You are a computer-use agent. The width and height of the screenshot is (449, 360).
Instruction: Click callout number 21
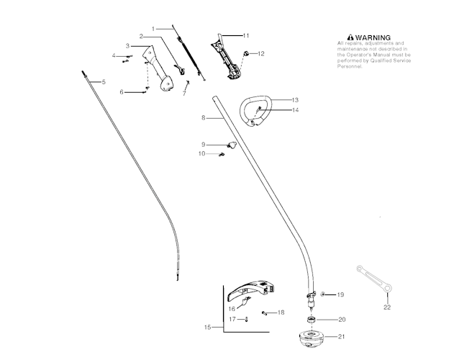point(341,337)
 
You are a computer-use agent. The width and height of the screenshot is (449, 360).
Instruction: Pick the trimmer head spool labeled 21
point(311,338)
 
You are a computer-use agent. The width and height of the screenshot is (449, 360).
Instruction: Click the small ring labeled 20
point(311,319)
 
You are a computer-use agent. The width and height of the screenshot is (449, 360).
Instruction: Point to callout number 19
point(341,295)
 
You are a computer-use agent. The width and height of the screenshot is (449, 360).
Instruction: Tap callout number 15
point(208,327)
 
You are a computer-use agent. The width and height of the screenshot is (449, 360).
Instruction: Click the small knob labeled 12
point(247,53)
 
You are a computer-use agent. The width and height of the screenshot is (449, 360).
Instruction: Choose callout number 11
point(246,35)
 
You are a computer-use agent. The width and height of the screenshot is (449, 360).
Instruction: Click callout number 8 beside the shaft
point(204,117)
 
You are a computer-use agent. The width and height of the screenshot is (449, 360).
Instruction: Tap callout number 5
point(104,82)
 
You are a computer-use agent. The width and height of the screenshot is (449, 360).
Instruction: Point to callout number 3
point(127,46)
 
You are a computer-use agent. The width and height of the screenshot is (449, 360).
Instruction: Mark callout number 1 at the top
point(153,27)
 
